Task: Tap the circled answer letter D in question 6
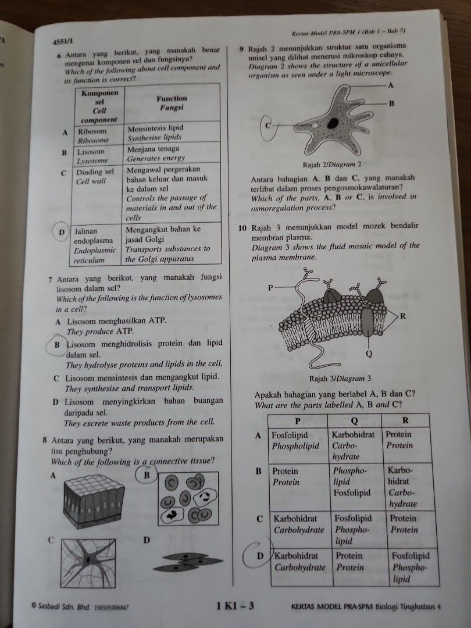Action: click(60, 233)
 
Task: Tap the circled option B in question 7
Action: click(58, 344)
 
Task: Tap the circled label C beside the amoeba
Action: click(269, 126)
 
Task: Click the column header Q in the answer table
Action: click(355, 421)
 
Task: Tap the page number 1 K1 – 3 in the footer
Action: click(235, 606)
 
